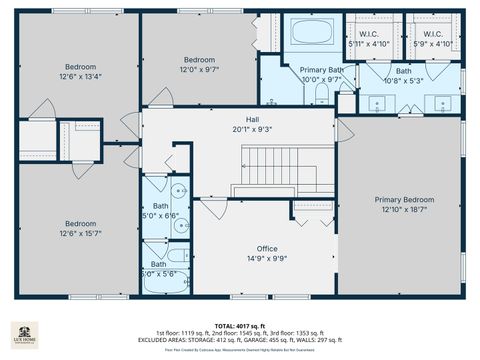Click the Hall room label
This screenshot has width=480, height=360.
coord(238,118)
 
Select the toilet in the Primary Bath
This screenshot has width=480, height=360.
coord(322,95)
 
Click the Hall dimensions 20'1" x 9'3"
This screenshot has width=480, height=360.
coord(238,128)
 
